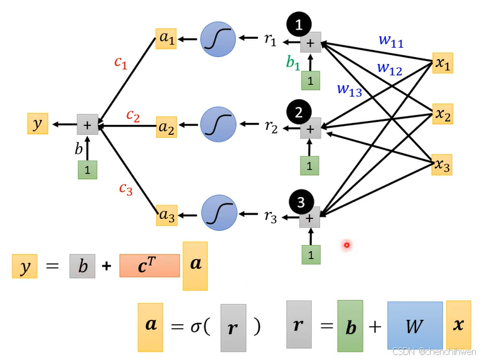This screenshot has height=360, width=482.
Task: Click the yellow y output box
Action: [38, 124]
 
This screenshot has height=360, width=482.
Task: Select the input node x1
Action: [443, 63]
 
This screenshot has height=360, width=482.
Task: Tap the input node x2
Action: [443, 114]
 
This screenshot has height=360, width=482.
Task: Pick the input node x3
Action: [443, 166]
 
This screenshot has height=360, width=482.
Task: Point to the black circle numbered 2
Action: [299, 112]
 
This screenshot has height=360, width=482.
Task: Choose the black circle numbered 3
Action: [301, 202]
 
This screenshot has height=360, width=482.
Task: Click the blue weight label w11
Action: [391, 41]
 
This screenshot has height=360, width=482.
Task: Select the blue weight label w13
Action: [350, 90]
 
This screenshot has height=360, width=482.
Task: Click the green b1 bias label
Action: [293, 63]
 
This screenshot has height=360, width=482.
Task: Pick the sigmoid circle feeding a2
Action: [218, 125]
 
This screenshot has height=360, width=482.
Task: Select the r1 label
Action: [270, 40]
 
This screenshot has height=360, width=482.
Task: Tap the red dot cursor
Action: [346, 245]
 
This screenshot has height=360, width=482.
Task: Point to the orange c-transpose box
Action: [148, 266]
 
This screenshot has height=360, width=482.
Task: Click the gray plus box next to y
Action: [87, 125]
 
